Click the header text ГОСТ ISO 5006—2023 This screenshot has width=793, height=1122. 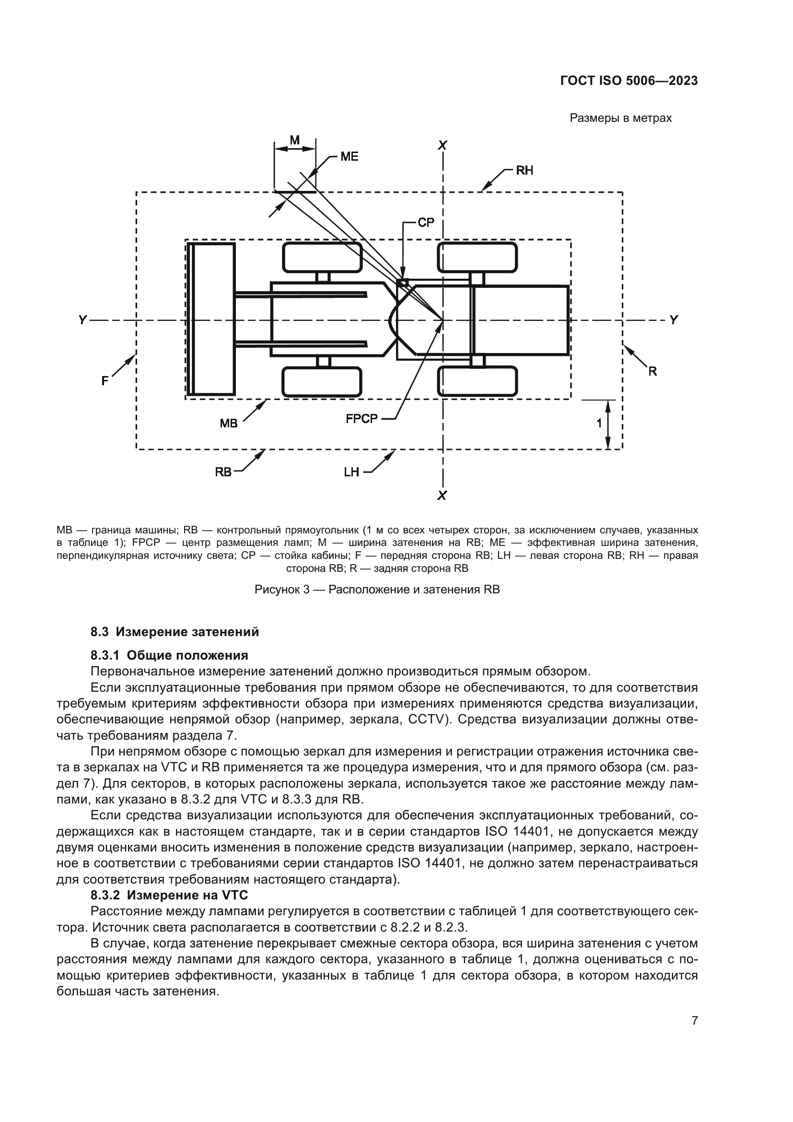[x=629, y=81]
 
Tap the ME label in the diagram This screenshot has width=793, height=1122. [x=349, y=156]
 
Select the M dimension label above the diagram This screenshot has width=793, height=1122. [x=294, y=140]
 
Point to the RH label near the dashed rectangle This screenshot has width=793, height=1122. [x=525, y=171]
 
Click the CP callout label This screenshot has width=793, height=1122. [x=426, y=223]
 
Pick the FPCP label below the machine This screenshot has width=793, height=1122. [x=362, y=419]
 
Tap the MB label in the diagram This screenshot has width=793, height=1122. [x=229, y=423]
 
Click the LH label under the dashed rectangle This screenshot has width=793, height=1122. [x=351, y=472]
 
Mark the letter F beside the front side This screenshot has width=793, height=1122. [x=105, y=381]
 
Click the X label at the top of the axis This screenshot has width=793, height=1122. [x=443, y=145]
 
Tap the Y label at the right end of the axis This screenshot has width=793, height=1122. [x=674, y=320]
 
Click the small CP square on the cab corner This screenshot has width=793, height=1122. [x=403, y=283]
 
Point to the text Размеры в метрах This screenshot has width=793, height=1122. [x=620, y=118]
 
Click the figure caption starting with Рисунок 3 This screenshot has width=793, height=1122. [x=377, y=590]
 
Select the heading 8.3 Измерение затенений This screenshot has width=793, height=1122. [x=175, y=632]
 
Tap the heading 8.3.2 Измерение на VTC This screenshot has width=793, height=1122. [x=169, y=895]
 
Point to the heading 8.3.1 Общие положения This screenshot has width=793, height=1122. [x=169, y=655]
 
